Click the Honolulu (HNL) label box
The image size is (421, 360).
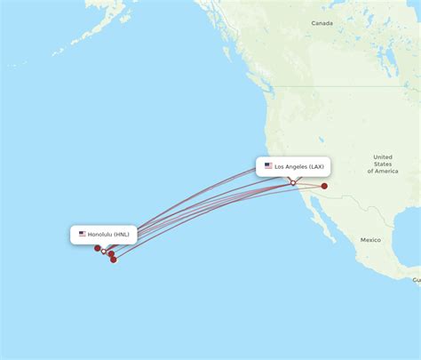pyautogui.click(x=104, y=235)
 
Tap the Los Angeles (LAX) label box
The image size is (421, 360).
pyautogui.click(x=293, y=166)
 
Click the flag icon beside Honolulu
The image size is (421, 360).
pyautogui.click(x=83, y=235)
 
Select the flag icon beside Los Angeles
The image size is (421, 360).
pyautogui.click(x=268, y=166)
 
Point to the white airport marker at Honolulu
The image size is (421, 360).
pyautogui.click(x=104, y=252)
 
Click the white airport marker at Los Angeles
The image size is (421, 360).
pyautogui.click(x=293, y=183)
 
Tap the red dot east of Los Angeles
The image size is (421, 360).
pyautogui.click(x=325, y=186)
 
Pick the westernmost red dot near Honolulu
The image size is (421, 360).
pyautogui.click(x=97, y=248)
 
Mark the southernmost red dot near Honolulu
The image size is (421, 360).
pyautogui.click(x=114, y=260)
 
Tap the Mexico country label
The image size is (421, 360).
pyautogui.click(x=369, y=240)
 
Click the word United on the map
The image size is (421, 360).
pyautogui.click(x=383, y=156)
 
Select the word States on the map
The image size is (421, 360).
pyautogui.click(x=383, y=164)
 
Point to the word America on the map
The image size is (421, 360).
pyautogui.click(x=386, y=171)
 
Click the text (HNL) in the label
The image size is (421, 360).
pyautogui.click(x=122, y=235)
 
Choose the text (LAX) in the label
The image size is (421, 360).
pyautogui.click(x=317, y=166)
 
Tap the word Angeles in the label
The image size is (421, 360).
pyautogui.click(x=296, y=166)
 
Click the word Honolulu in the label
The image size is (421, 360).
pyautogui.click(x=99, y=235)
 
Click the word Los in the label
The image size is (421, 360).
pyautogui.click(x=279, y=166)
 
